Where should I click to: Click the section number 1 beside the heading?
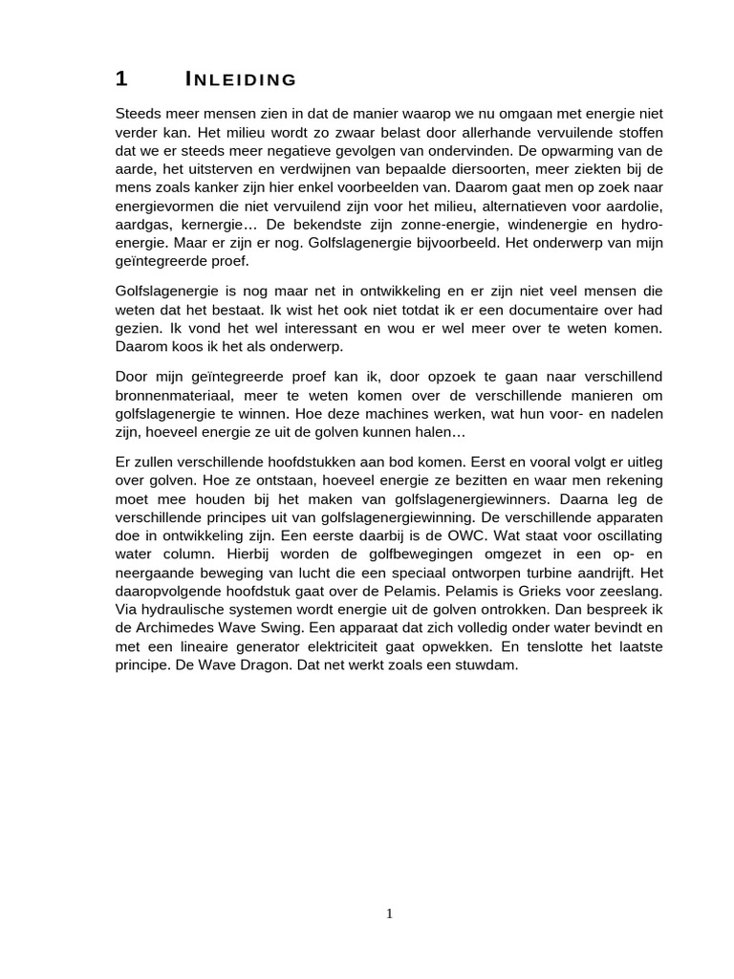[x=120, y=78]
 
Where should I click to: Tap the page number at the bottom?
[x=389, y=914]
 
